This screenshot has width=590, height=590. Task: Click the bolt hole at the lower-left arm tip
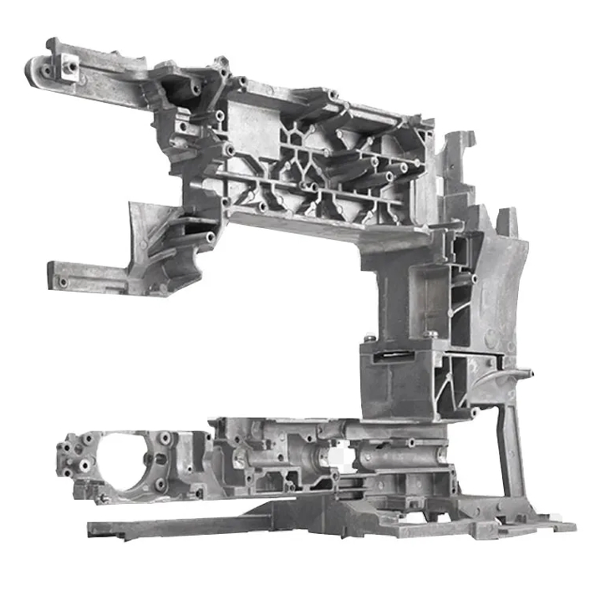click(x=63, y=282)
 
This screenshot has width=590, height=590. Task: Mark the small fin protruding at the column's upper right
click(x=505, y=221)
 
